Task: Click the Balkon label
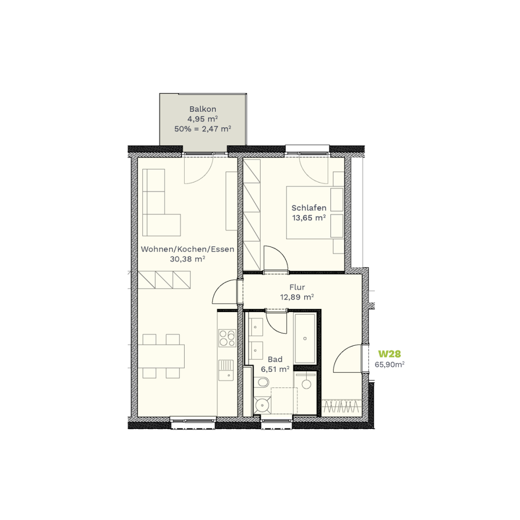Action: (203, 109)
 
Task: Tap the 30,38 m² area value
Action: (187, 259)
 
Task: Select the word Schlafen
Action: (309, 208)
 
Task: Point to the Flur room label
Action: (297, 287)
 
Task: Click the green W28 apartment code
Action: (389, 354)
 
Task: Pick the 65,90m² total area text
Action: (389, 365)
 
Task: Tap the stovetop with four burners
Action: (227, 338)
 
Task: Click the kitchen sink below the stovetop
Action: (226, 370)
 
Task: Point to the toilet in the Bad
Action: (262, 383)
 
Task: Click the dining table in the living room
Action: (161, 356)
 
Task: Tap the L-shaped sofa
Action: (161, 203)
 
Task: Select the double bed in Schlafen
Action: (315, 213)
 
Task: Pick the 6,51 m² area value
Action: (275, 369)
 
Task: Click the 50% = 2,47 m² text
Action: (203, 128)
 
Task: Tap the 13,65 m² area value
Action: (309, 218)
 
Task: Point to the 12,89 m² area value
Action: (297, 297)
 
